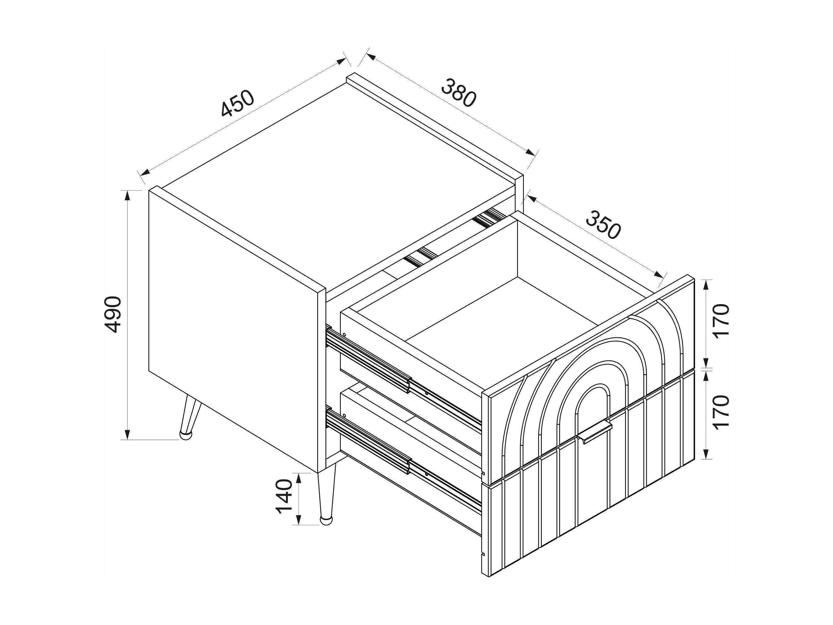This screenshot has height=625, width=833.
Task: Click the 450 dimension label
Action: [x=238, y=103]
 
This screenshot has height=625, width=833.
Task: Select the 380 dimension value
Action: [x=459, y=93]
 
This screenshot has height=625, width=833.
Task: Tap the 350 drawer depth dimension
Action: [x=603, y=225]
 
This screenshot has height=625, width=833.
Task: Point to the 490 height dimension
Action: [x=113, y=314]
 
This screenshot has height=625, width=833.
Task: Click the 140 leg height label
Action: [x=284, y=497]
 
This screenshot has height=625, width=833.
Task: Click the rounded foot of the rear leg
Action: [x=185, y=435]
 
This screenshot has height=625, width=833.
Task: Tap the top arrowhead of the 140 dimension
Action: [x=299, y=478]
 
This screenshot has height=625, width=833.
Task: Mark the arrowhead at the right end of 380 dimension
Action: [x=530, y=152]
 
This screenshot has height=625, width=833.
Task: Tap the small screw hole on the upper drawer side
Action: [x=344, y=334]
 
